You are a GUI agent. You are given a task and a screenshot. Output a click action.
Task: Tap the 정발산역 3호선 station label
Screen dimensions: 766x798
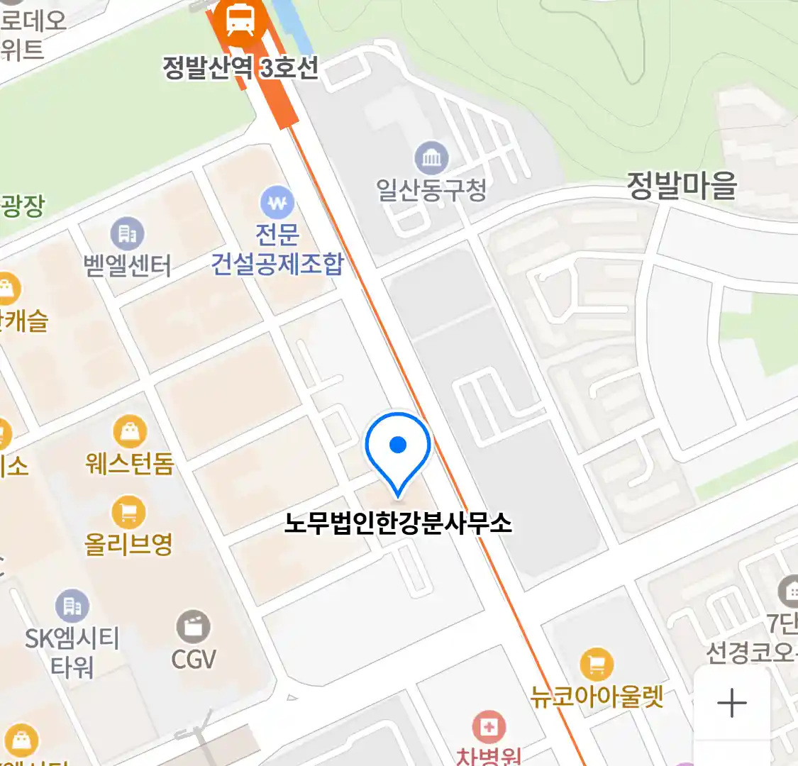(240, 68)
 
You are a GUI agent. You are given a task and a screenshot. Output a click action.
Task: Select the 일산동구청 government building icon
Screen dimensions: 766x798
(431, 157)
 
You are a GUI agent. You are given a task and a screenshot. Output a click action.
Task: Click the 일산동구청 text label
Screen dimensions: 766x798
(431, 189)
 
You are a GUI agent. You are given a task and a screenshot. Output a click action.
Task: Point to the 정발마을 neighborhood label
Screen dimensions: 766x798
(682, 186)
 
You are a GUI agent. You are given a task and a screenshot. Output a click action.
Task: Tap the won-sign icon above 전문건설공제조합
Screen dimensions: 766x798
(277, 203)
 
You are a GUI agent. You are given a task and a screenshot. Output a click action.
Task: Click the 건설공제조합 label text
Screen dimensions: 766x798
(277, 264)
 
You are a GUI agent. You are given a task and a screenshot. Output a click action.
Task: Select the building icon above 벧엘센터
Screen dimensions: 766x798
(128, 233)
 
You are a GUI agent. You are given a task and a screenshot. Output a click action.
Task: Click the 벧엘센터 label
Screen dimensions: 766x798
(128, 266)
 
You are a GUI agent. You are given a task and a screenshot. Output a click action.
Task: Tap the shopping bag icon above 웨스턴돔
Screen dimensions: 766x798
(130, 431)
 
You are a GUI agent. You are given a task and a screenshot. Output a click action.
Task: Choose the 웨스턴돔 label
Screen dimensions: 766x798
(130, 464)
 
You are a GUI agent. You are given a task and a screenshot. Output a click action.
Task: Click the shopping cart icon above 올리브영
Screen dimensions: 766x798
(129, 512)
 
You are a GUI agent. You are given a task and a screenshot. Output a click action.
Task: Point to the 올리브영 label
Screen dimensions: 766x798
(129, 544)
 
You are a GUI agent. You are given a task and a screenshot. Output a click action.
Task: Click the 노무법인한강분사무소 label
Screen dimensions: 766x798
(398, 523)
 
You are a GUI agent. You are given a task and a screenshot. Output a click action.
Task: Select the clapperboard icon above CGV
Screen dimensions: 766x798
(193, 627)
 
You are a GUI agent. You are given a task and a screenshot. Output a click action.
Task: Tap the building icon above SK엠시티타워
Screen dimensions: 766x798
(72, 606)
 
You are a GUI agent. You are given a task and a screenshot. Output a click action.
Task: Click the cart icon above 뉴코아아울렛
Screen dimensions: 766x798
(597, 665)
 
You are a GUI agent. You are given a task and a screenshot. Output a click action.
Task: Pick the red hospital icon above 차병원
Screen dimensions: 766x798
(488, 728)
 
